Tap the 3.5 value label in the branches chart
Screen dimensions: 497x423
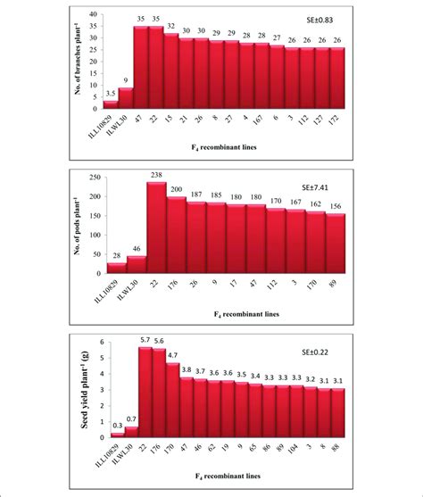point(109,93)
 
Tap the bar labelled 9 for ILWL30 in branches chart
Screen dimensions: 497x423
point(126,98)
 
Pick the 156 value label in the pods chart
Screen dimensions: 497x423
point(336,206)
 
